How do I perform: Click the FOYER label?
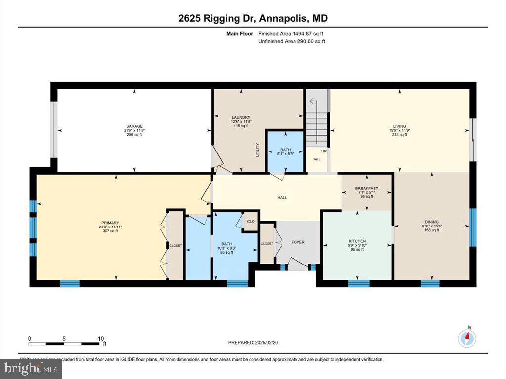298,242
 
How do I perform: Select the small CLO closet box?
251,221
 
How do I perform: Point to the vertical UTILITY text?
257,150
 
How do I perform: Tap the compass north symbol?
467,338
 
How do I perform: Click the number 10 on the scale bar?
101,338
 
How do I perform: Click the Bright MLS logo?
31,368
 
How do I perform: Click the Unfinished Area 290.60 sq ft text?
292,41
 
